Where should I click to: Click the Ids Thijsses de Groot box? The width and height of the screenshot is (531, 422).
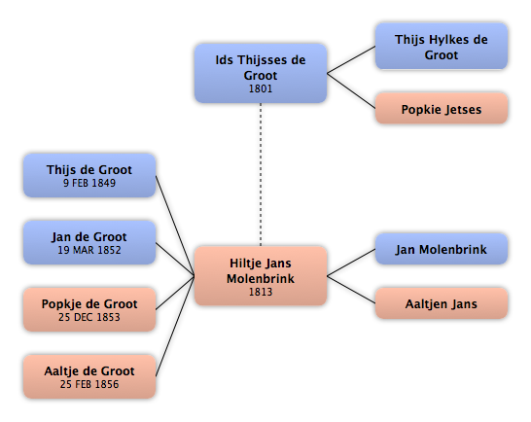pos(261,73)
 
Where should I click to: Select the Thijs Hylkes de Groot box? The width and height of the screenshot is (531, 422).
pos(442,47)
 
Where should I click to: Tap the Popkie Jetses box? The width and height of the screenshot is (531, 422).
pos(442,108)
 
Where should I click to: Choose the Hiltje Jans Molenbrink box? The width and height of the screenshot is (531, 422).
pos(261,276)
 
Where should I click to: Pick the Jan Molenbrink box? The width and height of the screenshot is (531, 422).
pos(442,249)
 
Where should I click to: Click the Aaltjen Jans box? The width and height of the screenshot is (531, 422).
pos(442,303)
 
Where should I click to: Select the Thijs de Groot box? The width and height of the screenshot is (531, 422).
pos(89,175)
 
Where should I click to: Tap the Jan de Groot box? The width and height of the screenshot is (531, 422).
pos(89,242)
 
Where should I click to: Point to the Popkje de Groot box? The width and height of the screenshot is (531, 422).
pos(89,309)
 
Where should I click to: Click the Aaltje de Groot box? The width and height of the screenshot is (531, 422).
pos(89,376)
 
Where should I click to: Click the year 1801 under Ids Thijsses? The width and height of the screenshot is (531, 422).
pos(261,88)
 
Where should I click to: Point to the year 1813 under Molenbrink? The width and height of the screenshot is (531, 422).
pos(261,292)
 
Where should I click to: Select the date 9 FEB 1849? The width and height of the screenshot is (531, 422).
pos(89,183)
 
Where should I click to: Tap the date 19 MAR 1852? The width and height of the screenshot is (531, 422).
pos(89,250)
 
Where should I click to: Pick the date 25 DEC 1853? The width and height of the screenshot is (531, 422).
pos(89,317)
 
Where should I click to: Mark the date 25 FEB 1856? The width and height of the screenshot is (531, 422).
pos(89,384)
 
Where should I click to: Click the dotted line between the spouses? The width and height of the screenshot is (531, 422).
pos(261,175)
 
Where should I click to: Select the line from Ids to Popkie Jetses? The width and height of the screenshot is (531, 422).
pos(351,90)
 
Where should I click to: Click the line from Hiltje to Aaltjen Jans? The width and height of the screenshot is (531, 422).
pos(351,290)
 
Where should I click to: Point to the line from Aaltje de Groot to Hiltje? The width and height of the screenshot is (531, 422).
pos(175,327)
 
